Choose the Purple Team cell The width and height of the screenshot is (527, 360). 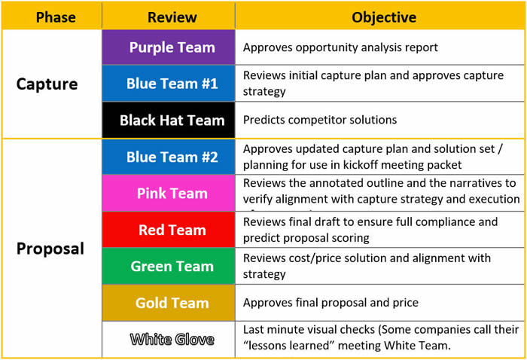(x=172, y=47)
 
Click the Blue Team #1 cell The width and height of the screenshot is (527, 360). (x=172, y=84)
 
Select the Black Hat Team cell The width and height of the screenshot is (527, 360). (x=172, y=120)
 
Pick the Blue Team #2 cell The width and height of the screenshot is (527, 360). (x=172, y=157)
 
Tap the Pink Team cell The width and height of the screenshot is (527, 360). (x=172, y=194)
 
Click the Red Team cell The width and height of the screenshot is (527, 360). (x=172, y=230)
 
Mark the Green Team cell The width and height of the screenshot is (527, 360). (x=172, y=266)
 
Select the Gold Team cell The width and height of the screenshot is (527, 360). (x=172, y=303)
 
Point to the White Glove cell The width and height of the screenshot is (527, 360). (x=172, y=339)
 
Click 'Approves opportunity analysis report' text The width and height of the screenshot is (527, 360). (x=340, y=47)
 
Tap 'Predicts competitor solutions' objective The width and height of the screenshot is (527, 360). (x=319, y=120)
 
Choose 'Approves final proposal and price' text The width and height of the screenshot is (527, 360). (x=331, y=303)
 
